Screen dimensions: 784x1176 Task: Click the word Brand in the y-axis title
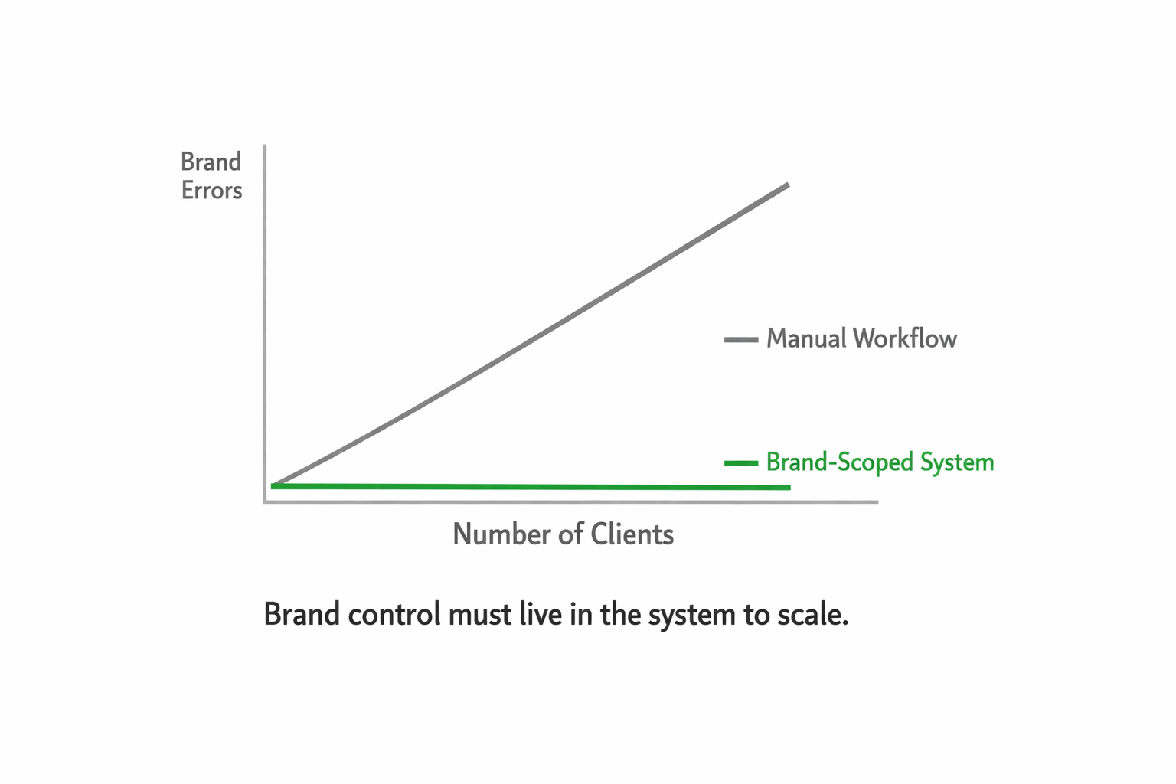pyautogui.click(x=211, y=162)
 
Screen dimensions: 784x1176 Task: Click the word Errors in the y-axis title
pyautogui.click(x=211, y=190)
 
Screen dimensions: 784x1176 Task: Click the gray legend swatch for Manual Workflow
pyautogui.click(x=740, y=339)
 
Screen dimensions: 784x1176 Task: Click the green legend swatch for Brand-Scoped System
pyautogui.click(x=740, y=463)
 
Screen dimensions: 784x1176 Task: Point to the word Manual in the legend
pyautogui.click(x=805, y=338)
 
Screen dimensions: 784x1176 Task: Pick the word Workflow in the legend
pyautogui.click(x=905, y=338)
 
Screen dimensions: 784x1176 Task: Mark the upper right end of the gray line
pyautogui.click(x=787, y=185)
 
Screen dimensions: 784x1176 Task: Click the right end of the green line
pyautogui.click(x=789, y=488)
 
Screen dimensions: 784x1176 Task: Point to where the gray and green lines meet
pyautogui.click(x=274, y=485)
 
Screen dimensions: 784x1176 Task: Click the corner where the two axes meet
pyautogui.click(x=265, y=502)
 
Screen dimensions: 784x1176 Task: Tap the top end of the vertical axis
pyautogui.click(x=265, y=146)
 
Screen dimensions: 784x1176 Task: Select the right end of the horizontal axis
pyautogui.click(x=877, y=502)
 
